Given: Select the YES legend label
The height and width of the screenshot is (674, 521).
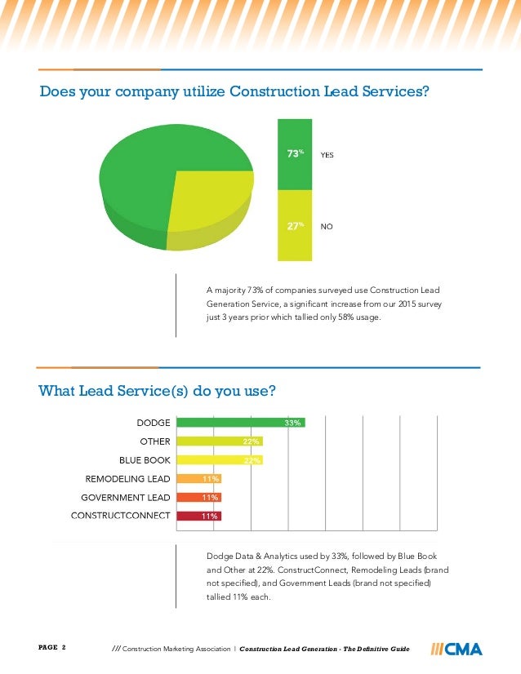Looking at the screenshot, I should pos(327,154).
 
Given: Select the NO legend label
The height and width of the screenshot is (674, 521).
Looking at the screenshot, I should pos(326,228).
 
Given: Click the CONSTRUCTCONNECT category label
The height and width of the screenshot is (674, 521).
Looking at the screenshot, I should pos(120,516).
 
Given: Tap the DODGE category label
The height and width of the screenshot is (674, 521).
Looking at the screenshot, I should pos(153,423).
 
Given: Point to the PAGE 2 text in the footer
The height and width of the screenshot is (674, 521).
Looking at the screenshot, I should pos(52,648).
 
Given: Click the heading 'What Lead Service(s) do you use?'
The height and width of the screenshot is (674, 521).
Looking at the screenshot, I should pos(163,391).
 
